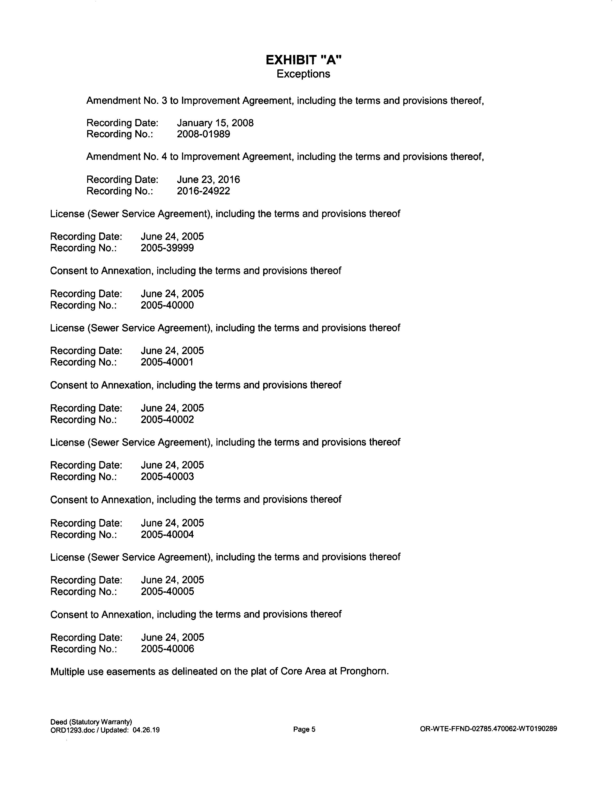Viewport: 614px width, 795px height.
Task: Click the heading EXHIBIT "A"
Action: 303,60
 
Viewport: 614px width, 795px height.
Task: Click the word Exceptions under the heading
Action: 303,74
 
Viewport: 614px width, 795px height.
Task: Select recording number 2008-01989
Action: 203,134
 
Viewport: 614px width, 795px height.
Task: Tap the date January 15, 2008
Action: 215,123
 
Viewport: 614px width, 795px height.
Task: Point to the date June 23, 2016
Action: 209,180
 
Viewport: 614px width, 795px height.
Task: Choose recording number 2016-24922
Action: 203,191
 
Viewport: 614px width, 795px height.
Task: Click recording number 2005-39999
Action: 167,248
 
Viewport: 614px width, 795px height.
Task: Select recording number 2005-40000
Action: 167,305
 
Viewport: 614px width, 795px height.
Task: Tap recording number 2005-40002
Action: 167,420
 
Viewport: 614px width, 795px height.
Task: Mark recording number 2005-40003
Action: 167,477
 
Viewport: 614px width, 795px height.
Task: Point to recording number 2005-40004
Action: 167,534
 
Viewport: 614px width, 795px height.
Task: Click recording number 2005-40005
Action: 167,591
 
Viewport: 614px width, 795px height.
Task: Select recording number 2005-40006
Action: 167,649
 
